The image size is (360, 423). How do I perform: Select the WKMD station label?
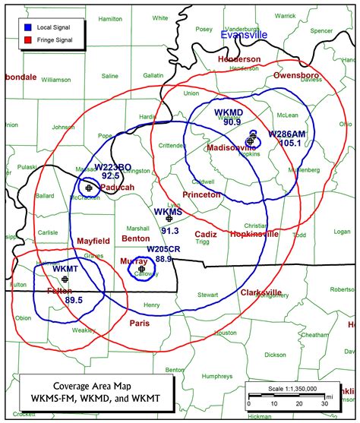pos(228,112)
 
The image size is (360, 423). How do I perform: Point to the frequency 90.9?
pos(232,121)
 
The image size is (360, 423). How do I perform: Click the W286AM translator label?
pos(287,133)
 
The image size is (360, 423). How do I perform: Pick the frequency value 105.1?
pos(290,142)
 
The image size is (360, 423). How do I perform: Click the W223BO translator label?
pos(112,167)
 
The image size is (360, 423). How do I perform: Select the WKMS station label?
pos(168,212)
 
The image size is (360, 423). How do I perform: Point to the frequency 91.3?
pos(169,231)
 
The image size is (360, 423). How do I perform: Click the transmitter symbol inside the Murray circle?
pos(142,269)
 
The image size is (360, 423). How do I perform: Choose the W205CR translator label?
pos(164,249)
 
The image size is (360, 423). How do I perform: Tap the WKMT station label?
pos(65,269)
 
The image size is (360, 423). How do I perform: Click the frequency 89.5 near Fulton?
pos(74,301)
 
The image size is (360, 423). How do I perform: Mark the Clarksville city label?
pos(261,292)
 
